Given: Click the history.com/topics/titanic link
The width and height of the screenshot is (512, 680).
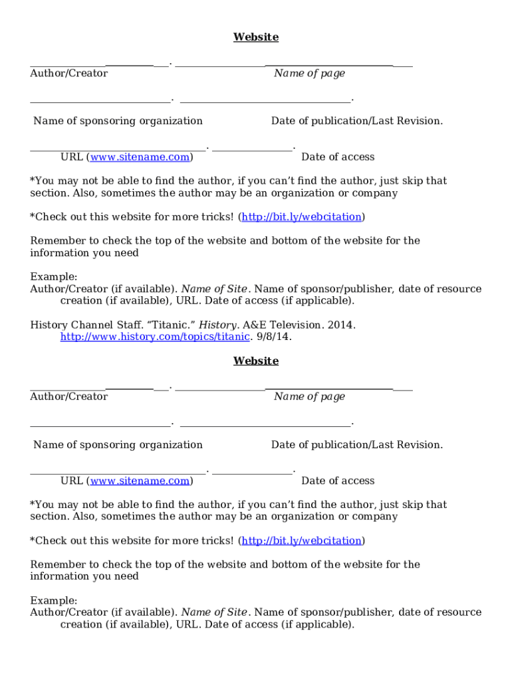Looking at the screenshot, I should click(155, 337).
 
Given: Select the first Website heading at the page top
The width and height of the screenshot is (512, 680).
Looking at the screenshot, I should click(255, 37).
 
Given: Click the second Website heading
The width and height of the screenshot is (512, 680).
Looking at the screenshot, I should click(255, 361).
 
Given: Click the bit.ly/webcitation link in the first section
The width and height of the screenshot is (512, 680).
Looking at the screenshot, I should click(302, 216).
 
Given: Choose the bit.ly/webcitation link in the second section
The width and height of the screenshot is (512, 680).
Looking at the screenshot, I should click(302, 541).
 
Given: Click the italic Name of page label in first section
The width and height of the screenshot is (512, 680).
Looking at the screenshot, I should click(309, 73).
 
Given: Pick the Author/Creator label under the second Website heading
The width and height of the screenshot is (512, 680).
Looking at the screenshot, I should click(68, 396).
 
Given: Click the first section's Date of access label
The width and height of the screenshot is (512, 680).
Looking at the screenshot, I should click(338, 157).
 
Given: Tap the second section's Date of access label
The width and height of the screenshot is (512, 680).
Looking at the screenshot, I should click(338, 480).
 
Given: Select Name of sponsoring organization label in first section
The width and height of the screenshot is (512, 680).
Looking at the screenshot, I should click(118, 121).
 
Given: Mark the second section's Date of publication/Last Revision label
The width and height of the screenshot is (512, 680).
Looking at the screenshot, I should click(356, 444).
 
